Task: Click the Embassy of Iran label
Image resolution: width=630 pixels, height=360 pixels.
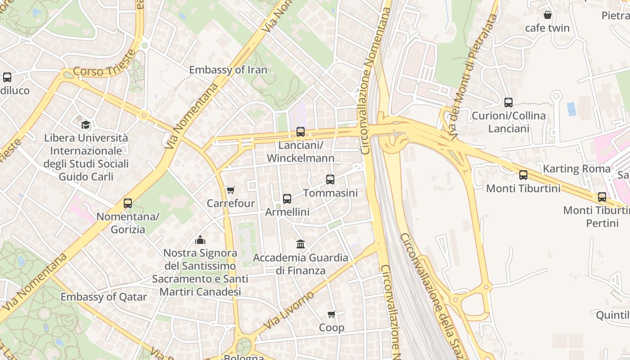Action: (x=228, y=70)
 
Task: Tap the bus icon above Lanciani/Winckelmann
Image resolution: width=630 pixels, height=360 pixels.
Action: (x=301, y=132)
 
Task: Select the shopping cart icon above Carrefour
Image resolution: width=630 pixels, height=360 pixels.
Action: (x=230, y=190)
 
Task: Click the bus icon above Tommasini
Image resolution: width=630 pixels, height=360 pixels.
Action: (x=330, y=180)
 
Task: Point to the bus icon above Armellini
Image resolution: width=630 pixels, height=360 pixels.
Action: (x=287, y=198)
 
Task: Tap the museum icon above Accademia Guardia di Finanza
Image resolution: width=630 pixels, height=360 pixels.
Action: (x=301, y=244)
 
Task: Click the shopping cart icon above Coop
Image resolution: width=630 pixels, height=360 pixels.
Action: (x=332, y=314)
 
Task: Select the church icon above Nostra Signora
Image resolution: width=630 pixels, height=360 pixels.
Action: (x=200, y=239)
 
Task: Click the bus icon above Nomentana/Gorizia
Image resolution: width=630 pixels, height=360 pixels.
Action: (x=128, y=203)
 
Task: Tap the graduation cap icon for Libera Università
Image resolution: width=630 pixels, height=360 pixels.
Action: (x=85, y=125)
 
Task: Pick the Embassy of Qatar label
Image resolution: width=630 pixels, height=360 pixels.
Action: (x=103, y=297)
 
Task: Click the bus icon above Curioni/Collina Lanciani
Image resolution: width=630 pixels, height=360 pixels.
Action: (x=508, y=103)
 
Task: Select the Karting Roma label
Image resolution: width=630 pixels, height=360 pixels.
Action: (x=577, y=169)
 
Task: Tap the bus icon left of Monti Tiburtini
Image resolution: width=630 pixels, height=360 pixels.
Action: (x=523, y=175)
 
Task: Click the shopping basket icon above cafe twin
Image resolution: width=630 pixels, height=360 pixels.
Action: (x=548, y=15)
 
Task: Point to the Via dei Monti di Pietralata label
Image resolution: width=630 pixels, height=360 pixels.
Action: (x=470, y=76)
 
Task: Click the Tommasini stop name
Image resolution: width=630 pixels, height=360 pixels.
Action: (x=330, y=193)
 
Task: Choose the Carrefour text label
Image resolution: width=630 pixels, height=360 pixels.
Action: (x=230, y=203)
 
